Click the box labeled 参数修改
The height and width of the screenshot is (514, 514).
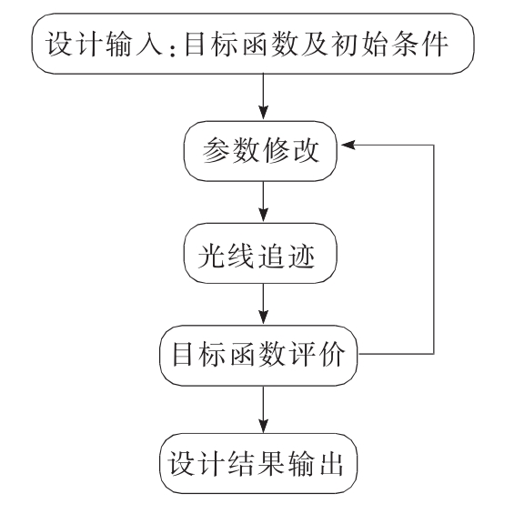click(260, 151)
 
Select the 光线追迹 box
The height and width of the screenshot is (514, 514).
click(260, 254)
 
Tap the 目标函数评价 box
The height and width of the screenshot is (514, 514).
click(258, 355)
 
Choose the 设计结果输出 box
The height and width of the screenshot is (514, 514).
click(258, 463)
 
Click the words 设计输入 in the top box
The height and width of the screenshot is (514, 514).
click(105, 44)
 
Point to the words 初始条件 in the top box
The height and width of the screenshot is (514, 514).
click(389, 44)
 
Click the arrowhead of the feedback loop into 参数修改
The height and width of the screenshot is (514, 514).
click(348, 145)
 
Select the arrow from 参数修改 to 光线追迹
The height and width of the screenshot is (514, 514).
click(263, 201)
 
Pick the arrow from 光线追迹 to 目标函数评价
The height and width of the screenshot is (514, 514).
click(263, 304)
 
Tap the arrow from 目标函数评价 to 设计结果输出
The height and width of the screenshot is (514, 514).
click(263, 408)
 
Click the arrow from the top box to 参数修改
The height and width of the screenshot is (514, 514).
click(263, 96)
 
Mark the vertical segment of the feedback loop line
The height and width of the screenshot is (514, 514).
click(434, 249)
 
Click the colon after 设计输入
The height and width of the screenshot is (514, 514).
click(173, 48)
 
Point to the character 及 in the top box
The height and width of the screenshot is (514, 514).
click(314, 44)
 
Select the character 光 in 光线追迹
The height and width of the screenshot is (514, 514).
click(212, 256)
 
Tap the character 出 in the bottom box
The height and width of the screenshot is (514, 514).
click(331, 465)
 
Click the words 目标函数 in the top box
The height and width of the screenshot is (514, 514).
click(240, 44)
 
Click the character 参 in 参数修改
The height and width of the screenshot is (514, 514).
click(217, 150)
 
